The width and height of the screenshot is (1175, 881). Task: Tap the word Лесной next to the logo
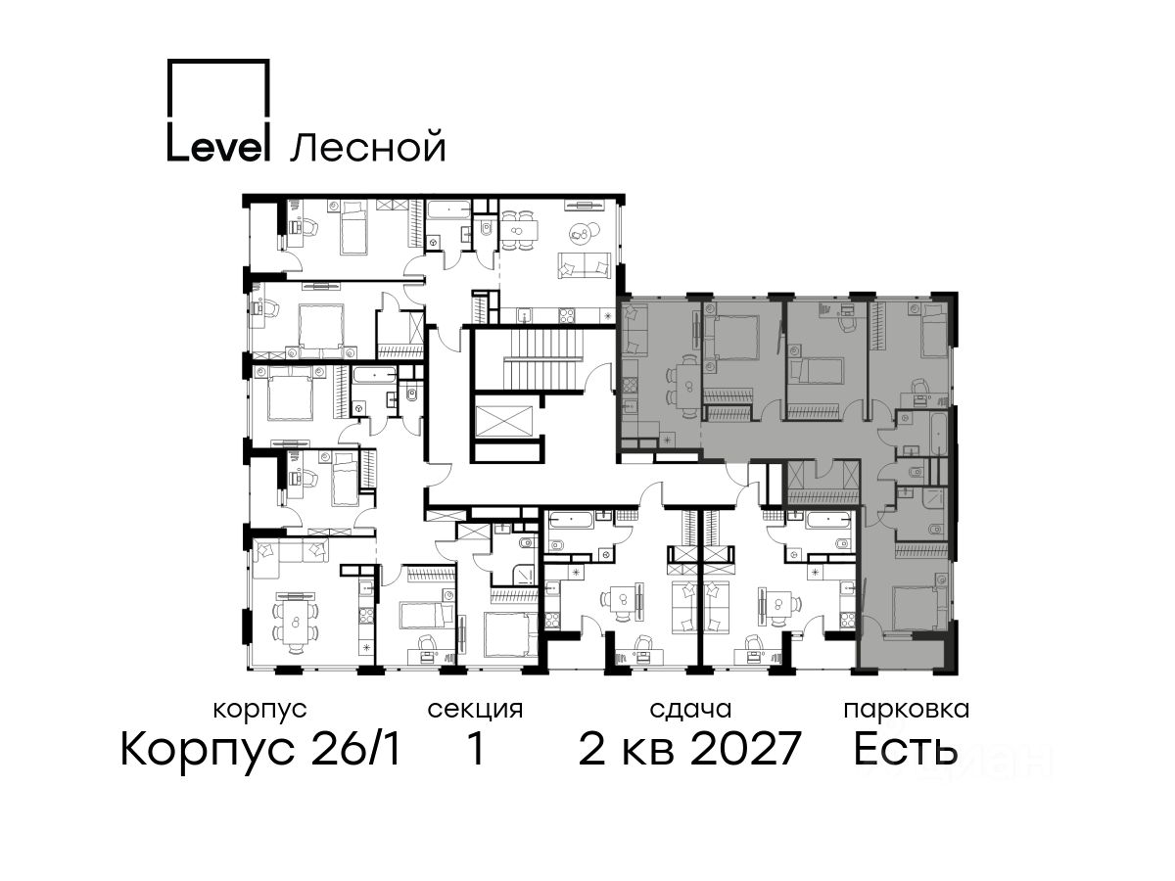[x=368, y=146]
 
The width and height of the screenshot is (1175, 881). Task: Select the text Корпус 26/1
[x=260, y=750]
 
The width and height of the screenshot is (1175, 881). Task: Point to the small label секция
[x=475, y=711]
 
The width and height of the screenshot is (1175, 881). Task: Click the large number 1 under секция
[x=475, y=749]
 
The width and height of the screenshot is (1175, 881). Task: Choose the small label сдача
[x=690, y=711]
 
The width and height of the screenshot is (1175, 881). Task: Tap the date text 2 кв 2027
[x=689, y=749]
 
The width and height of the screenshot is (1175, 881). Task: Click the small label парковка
[x=907, y=711]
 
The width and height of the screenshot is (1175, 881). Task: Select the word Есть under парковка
[x=905, y=748]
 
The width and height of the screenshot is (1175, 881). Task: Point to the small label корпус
[x=260, y=711]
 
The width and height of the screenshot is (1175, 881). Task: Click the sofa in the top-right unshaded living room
[x=584, y=265]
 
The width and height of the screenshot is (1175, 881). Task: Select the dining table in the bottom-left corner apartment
[x=295, y=623]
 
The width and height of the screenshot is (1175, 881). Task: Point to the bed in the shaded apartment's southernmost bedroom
[x=916, y=608]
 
